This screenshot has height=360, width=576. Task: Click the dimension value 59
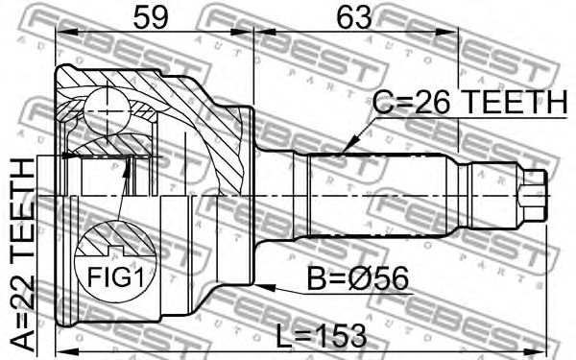pyautogui.click(x=151, y=17)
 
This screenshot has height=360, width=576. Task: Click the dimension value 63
pyautogui.click(x=354, y=17)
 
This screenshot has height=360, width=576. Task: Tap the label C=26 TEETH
pyautogui.click(x=470, y=102)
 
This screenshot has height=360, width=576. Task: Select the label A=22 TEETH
pyautogui.click(x=22, y=253)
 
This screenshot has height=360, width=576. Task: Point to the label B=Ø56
pyautogui.click(x=357, y=278)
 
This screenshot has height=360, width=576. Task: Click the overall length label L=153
pyautogui.click(x=322, y=335)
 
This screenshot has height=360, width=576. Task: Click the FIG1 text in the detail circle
pyautogui.click(x=115, y=277)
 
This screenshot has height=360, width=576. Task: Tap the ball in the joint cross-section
pyautogui.click(x=107, y=110)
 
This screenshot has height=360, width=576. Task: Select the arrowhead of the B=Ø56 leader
pyautogui.click(x=265, y=286)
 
